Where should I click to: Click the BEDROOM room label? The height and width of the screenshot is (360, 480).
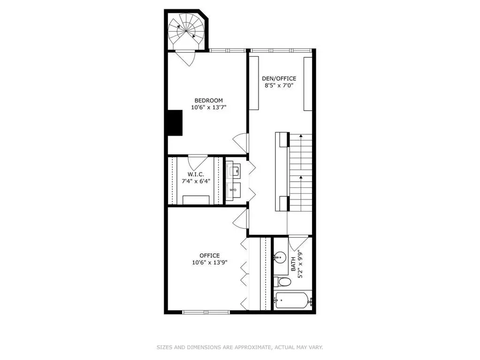208,100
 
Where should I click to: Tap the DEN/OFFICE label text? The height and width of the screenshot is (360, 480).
279,79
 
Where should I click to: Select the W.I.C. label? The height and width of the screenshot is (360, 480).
196,174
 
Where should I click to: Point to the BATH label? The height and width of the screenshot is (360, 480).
293,264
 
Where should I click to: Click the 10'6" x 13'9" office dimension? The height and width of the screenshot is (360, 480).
210,262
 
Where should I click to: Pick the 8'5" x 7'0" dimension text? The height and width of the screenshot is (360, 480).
279,86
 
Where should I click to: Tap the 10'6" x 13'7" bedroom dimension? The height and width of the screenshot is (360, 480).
208,107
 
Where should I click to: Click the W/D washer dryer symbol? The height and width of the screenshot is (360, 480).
233,190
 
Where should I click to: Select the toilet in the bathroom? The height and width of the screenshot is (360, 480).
282,282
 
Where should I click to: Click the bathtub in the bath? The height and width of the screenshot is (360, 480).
292,300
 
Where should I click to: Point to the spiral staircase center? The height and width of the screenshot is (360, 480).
186,31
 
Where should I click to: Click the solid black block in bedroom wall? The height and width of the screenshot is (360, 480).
175,123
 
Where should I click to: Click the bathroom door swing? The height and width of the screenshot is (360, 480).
298,243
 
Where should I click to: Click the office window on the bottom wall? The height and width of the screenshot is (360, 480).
206,312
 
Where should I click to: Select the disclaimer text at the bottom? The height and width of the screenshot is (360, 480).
240,347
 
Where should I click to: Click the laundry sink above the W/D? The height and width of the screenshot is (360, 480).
234,169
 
